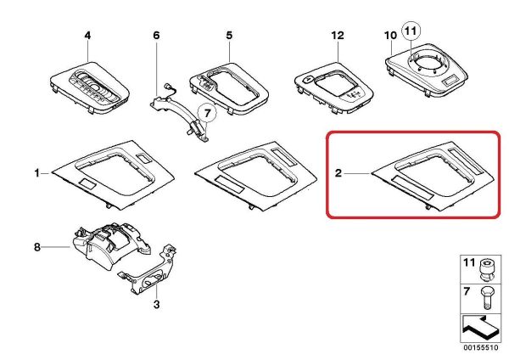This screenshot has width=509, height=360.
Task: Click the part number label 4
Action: point(87,36)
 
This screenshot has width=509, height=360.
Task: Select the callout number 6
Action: point(156,35)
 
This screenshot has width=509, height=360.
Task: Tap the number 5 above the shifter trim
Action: point(229,35)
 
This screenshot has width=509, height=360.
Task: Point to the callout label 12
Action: point(338,35)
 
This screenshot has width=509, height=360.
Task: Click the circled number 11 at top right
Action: point(411,31)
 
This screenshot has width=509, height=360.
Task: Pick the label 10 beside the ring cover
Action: point(390,35)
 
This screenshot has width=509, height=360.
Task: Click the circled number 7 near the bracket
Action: point(208,113)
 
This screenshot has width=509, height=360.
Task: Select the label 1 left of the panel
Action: point(37,173)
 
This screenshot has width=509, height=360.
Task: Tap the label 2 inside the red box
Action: point(338,173)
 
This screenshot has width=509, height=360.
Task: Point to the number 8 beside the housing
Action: point(37,247)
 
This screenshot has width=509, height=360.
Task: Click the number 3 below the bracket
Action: point(156,305)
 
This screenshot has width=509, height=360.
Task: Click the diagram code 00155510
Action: point(480,347)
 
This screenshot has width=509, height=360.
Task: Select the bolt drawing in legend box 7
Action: point(486,298)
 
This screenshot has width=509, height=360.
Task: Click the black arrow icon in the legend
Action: point(478,328)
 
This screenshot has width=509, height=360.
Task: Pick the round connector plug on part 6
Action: point(168,86)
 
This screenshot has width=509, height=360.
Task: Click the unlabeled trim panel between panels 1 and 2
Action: point(256,176)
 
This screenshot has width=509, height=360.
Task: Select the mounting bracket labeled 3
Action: point(148,272)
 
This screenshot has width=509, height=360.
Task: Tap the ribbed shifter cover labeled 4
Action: point(90,87)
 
